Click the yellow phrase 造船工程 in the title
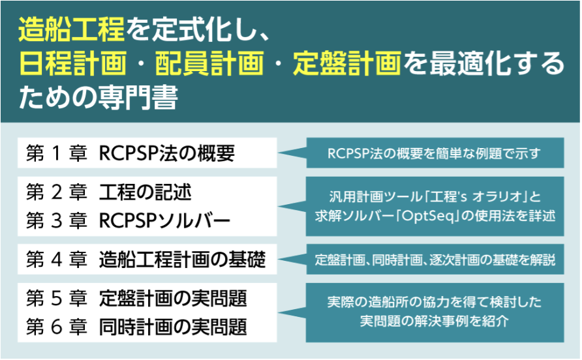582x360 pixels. tap(71, 31)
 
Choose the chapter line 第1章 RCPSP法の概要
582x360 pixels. tap(130, 154)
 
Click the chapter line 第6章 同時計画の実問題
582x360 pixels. tap(136, 325)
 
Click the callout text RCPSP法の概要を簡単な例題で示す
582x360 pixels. tap(435, 154)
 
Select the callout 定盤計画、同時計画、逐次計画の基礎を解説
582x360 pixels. tap(435, 260)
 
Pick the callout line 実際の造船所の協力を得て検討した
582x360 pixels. tap(435, 303)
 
